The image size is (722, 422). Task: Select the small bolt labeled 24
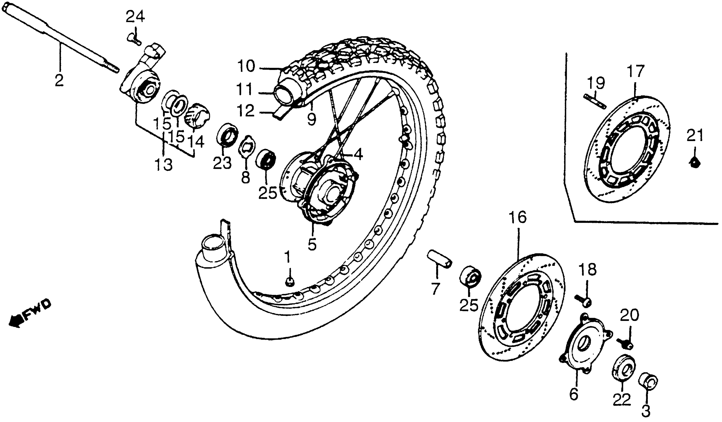(x=134, y=39)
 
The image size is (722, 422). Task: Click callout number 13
(x=164, y=165)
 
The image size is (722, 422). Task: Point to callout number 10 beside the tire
(x=246, y=67)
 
